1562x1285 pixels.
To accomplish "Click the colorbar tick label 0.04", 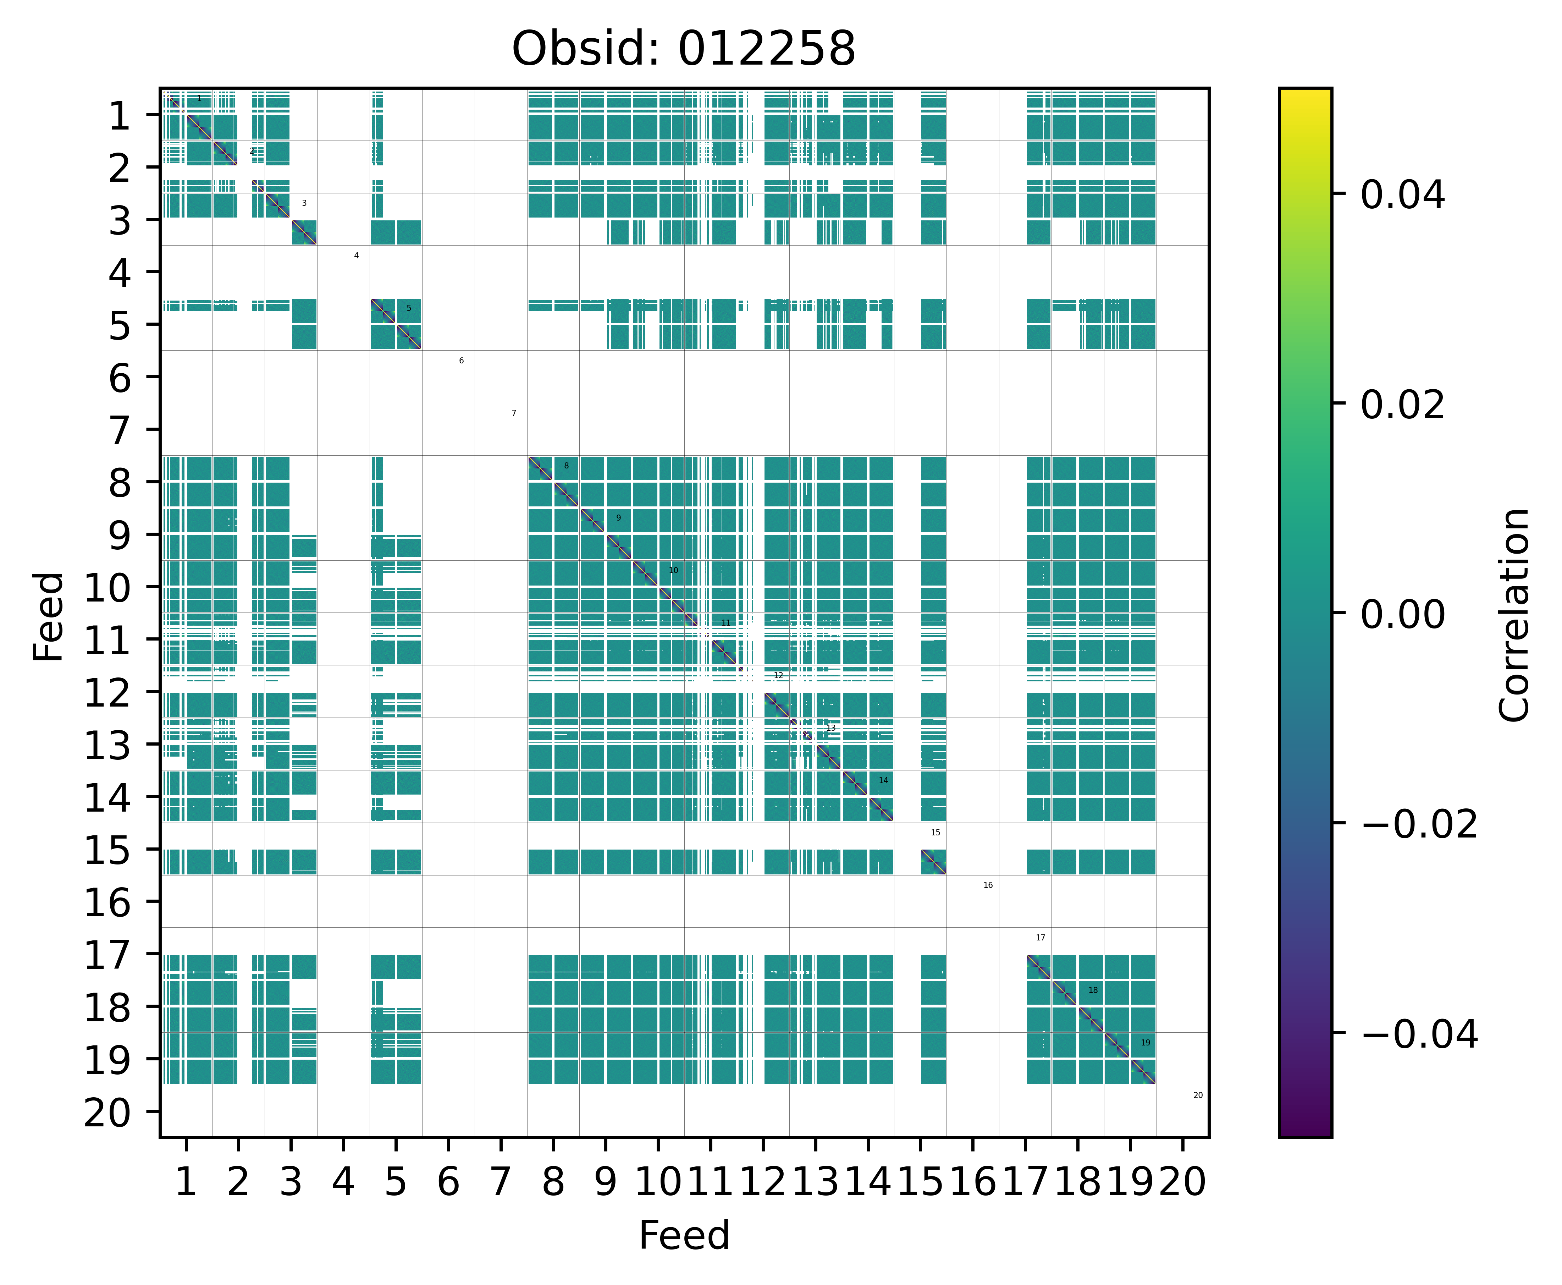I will click(x=1402, y=196).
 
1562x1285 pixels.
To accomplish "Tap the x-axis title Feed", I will click(x=684, y=1235).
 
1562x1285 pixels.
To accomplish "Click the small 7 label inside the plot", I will click(x=514, y=413).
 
